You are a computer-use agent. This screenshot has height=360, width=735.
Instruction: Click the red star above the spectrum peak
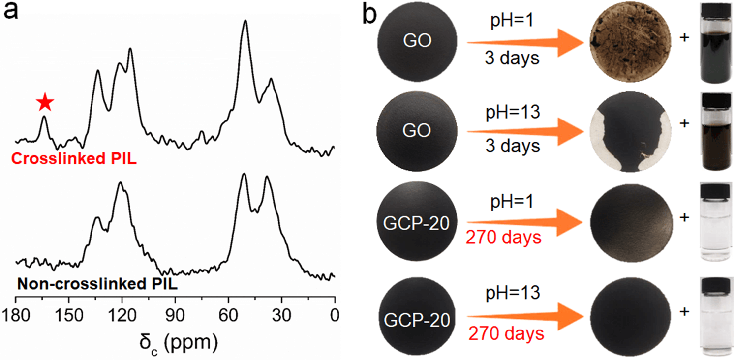click(x=45, y=102)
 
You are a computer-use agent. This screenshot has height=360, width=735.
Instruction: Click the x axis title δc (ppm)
click(x=176, y=340)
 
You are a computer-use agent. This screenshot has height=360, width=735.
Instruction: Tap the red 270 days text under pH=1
click(x=504, y=238)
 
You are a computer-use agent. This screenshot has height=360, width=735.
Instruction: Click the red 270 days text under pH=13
click(x=506, y=334)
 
